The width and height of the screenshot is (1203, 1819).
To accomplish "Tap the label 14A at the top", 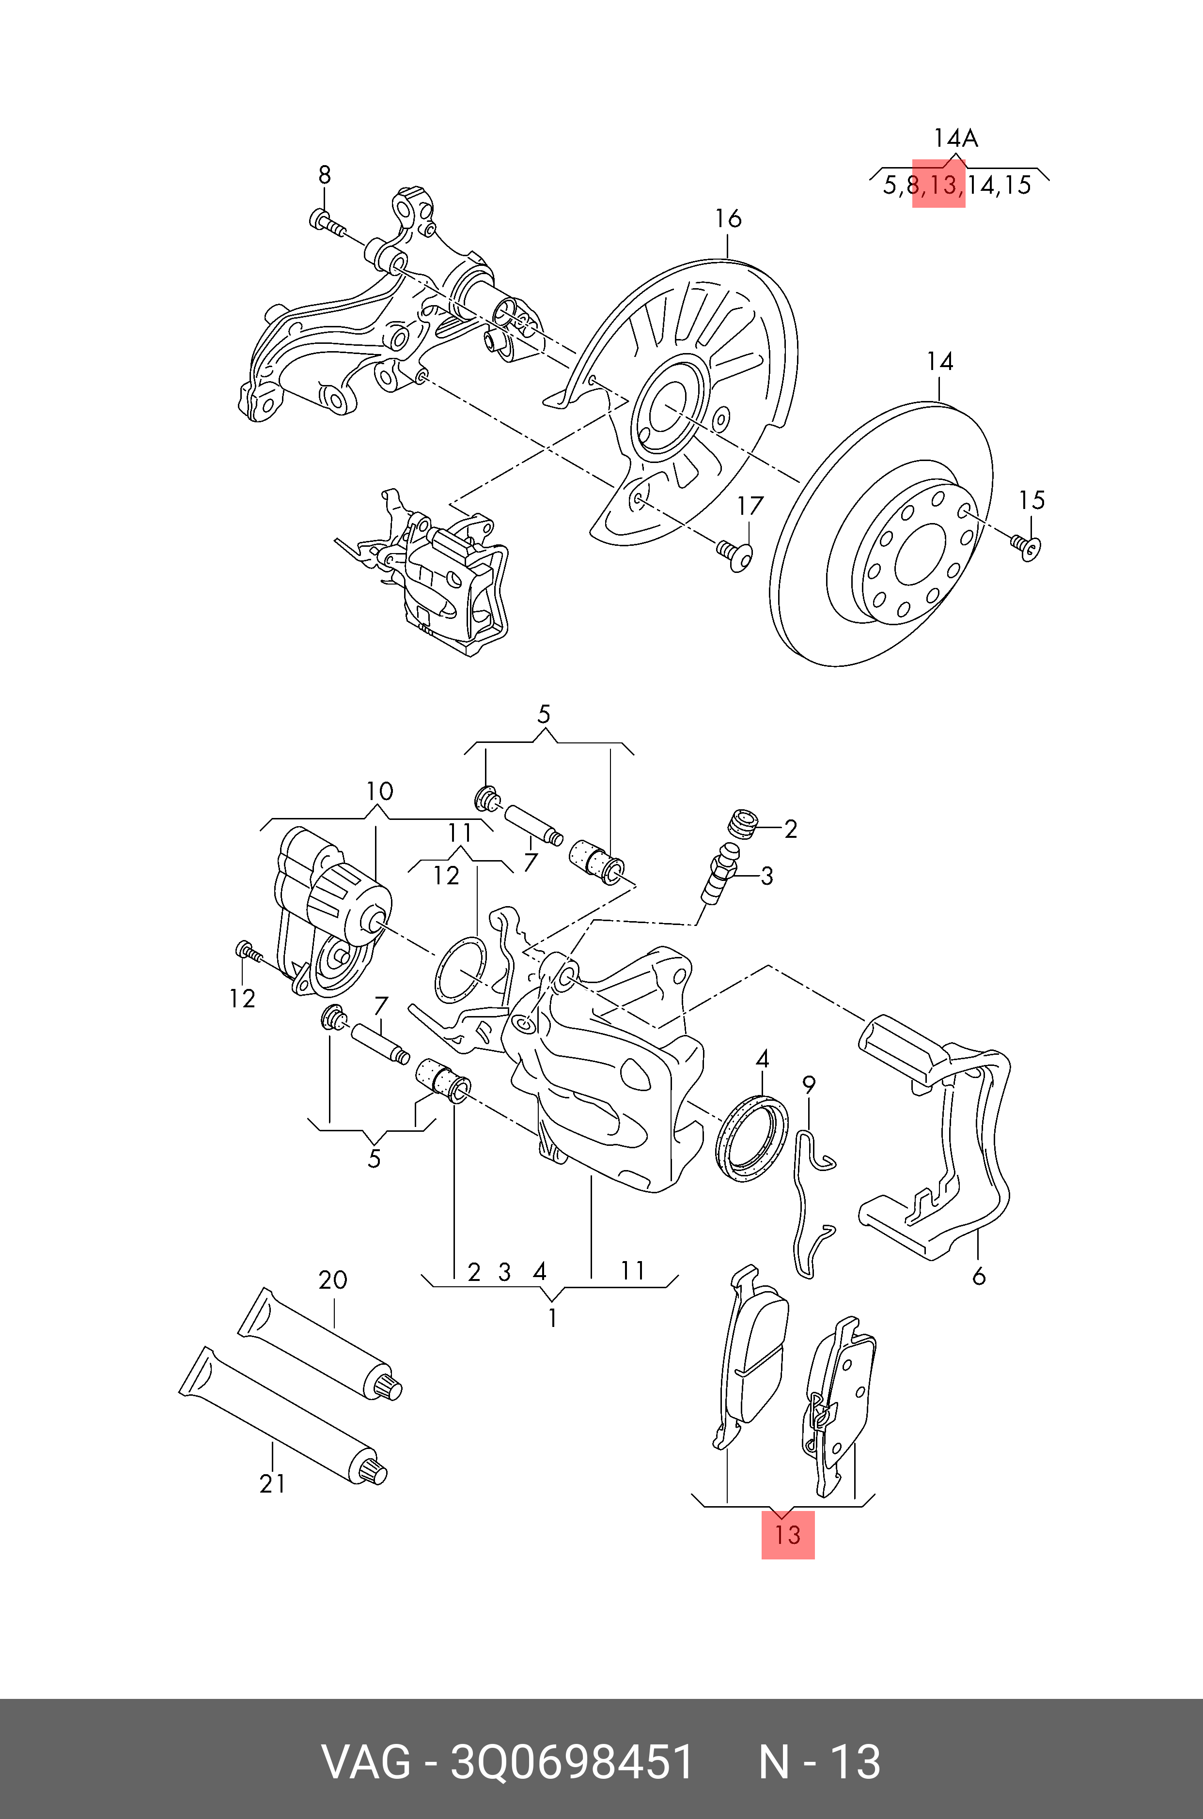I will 955,139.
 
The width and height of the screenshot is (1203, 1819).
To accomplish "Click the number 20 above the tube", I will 333,1280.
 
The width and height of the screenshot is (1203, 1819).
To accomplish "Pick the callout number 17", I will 750,506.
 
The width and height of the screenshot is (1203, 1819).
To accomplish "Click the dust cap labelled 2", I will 742,824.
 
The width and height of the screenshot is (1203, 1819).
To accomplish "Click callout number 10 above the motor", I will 379,791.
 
